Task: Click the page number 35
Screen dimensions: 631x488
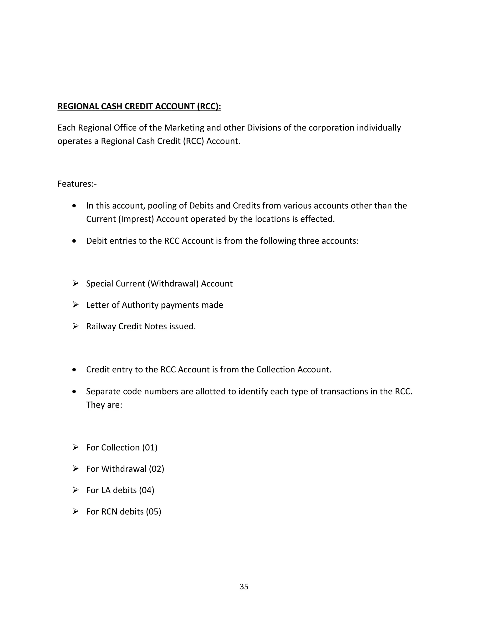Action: point(244,586)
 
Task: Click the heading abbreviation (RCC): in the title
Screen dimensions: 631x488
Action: point(209,106)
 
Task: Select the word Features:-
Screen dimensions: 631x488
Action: point(77,184)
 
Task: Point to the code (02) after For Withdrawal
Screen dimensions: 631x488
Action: point(156,469)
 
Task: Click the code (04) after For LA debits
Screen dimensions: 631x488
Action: point(147,490)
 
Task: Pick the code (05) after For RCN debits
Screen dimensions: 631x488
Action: point(153,511)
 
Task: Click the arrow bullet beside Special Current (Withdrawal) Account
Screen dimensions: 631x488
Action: point(76,283)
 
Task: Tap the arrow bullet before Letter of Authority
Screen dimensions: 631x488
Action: point(76,305)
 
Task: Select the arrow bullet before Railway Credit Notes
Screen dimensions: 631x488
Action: point(76,326)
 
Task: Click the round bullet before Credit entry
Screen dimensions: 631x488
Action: point(74,370)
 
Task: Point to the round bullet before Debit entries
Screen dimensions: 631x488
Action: point(74,241)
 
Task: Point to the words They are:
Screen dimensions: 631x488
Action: point(104,405)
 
